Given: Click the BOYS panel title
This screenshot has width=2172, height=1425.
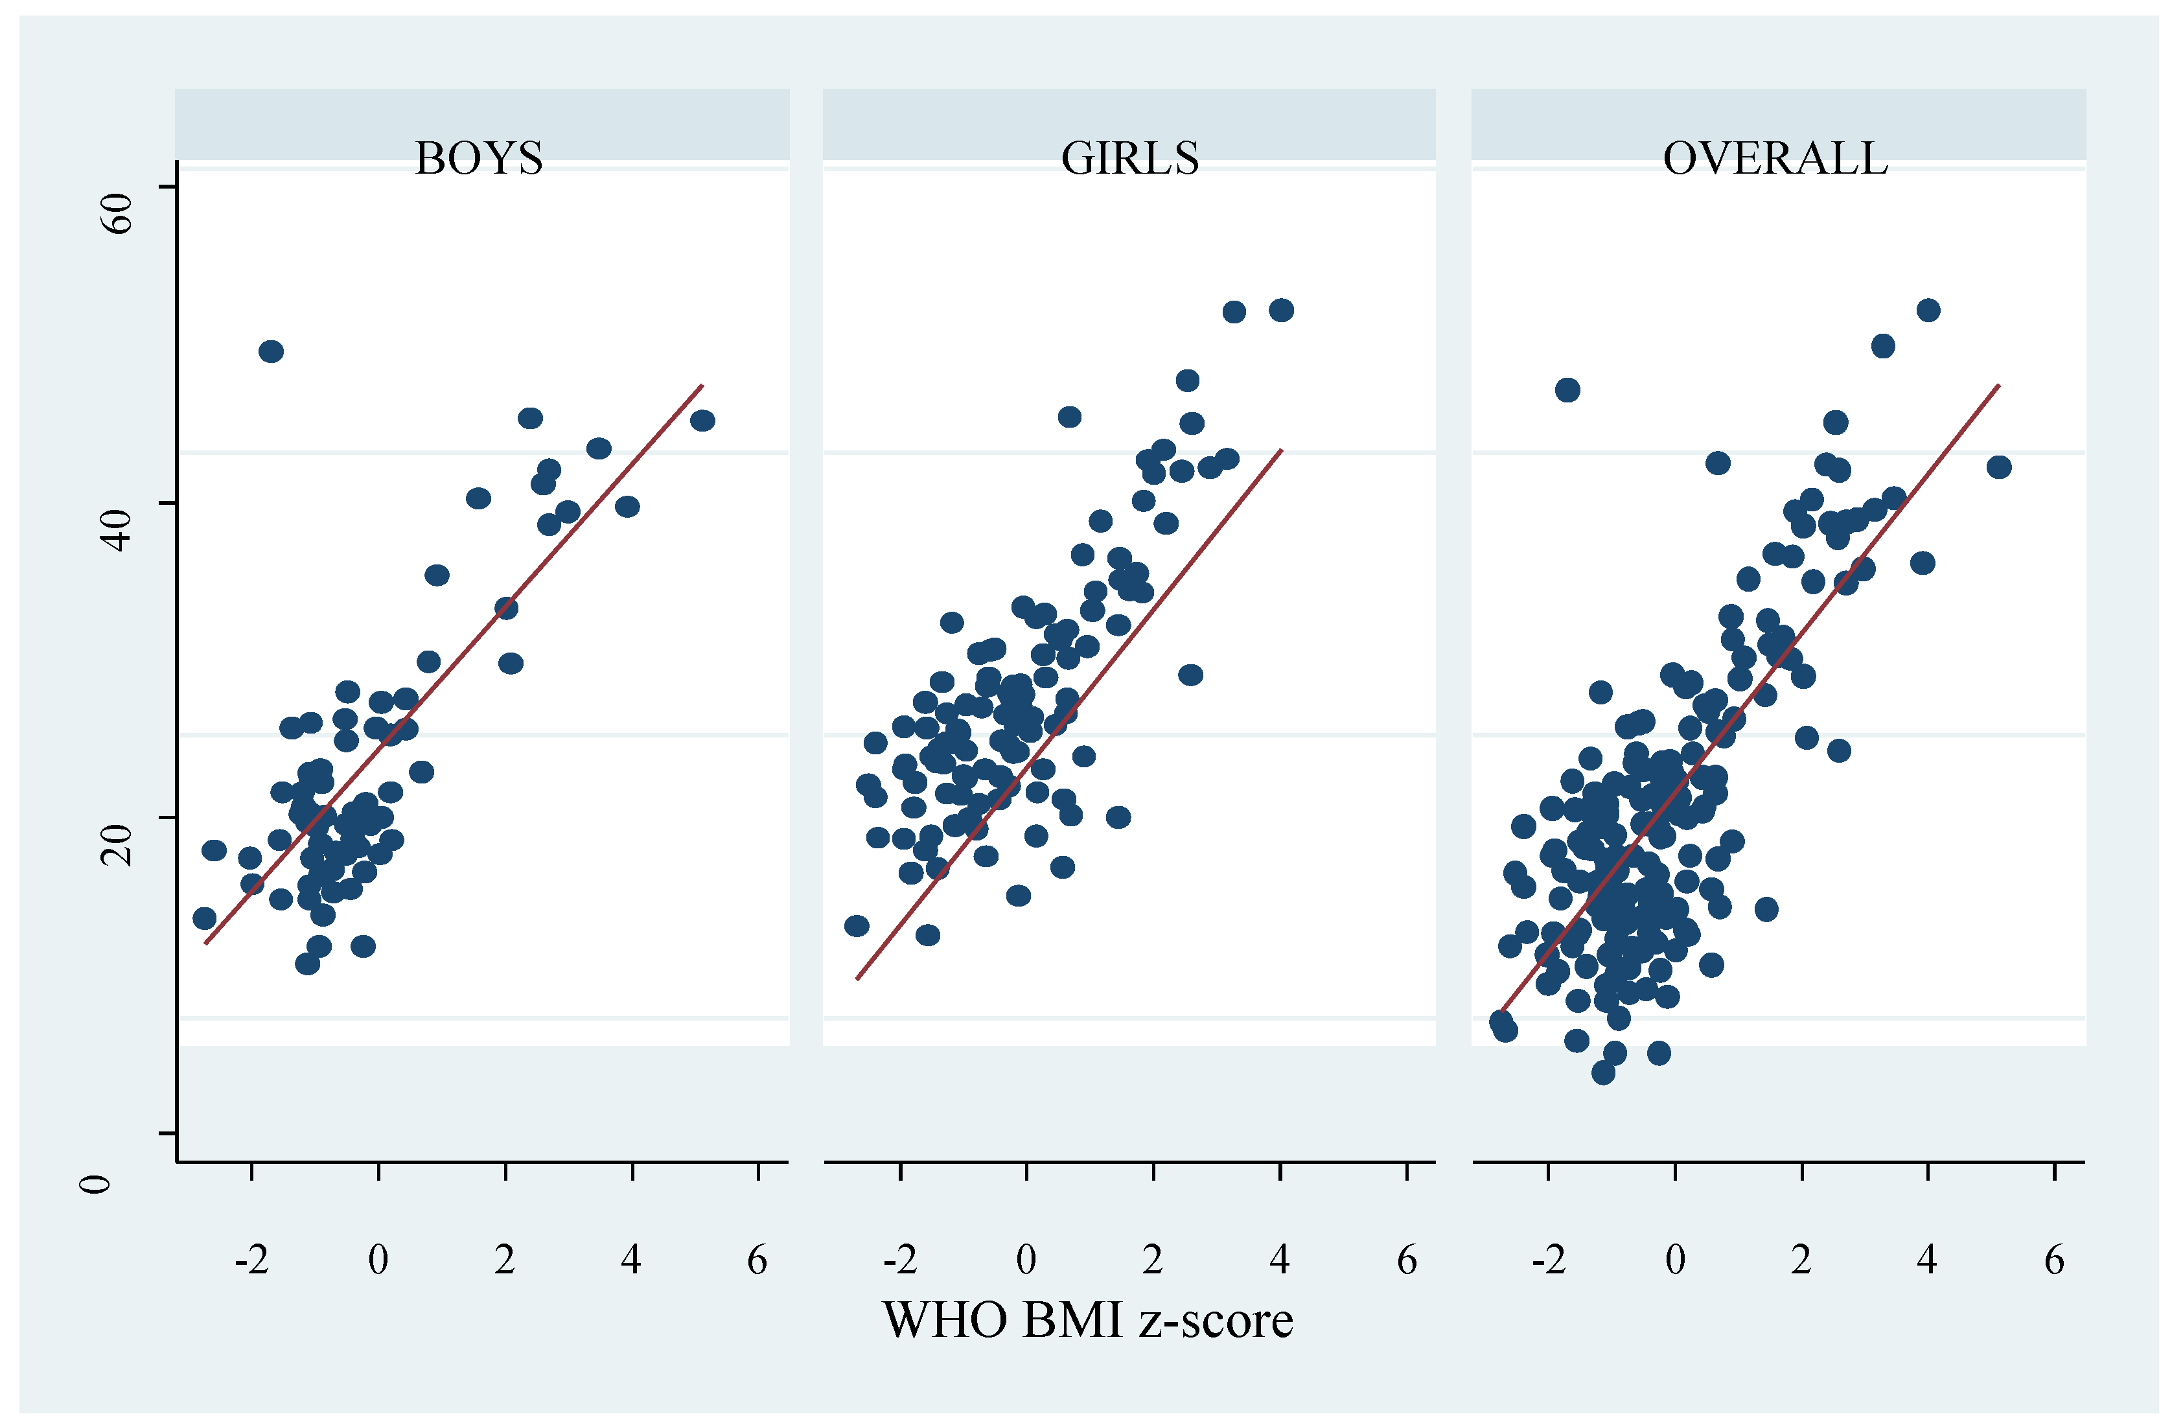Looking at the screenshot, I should [x=479, y=159].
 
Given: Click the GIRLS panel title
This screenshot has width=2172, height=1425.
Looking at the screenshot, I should [x=1130, y=159].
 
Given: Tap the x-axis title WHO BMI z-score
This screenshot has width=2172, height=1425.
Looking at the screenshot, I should [x=1088, y=1321].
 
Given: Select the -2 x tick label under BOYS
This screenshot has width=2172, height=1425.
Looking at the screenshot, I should [x=252, y=1260].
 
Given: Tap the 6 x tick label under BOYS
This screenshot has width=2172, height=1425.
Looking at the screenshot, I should [x=757, y=1260].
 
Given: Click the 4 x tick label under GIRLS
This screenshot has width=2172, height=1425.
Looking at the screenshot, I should [x=1280, y=1260].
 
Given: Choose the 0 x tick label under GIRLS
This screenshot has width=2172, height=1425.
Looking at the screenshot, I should [x=1026, y=1260].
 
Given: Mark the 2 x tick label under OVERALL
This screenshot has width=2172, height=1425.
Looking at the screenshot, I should [x=1801, y=1260].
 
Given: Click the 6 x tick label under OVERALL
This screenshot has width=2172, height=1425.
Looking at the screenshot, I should [x=2054, y=1260].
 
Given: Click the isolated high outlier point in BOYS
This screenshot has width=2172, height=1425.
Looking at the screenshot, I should [x=271, y=351].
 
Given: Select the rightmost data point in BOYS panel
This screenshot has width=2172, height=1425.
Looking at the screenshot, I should [x=702, y=421].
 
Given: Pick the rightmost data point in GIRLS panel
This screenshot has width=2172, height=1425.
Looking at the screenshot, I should [x=1281, y=310].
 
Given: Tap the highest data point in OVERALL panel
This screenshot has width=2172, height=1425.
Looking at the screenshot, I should [x=1928, y=310].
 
